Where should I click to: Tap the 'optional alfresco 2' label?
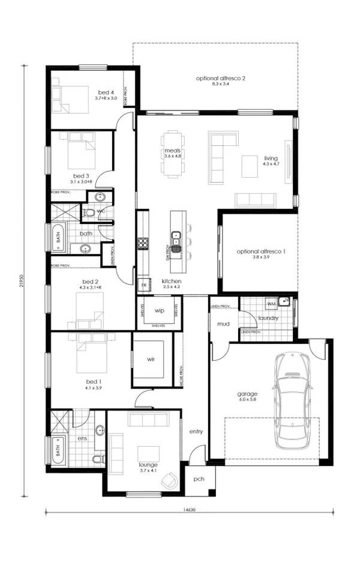(221, 79)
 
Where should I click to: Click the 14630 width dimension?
(188, 509)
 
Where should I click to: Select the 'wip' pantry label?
(159, 311)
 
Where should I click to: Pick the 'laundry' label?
(268, 318)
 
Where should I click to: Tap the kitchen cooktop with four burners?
(143, 243)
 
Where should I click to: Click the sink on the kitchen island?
(176, 235)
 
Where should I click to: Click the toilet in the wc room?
(89, 212)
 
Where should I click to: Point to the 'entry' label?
(196, 432)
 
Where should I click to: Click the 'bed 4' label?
(106, 92)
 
